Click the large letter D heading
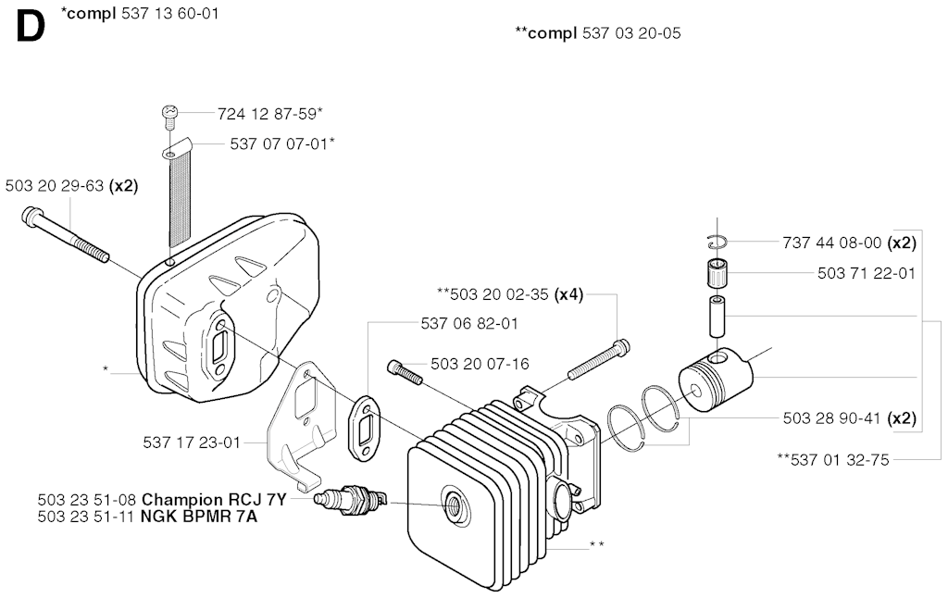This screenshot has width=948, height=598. [x=31, y=27]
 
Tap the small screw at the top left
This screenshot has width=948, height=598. [x=170, y=116]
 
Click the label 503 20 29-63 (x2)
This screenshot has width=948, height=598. [x=72, y=186]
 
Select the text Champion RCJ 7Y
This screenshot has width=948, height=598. [x=214, y=500]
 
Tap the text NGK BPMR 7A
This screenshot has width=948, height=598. [x=199, y=517]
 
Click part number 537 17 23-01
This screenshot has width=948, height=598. [x=192, y=442]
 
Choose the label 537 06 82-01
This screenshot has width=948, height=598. [x=469, y=323]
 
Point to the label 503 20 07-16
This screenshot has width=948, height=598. [x=480, y=364]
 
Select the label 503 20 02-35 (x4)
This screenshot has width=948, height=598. [x=510, y=294]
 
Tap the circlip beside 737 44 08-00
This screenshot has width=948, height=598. [x=717, y=242]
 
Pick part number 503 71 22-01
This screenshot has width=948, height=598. [x=867, y=273]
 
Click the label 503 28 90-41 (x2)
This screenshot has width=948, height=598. [x=850, y=418]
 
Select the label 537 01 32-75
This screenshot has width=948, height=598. [x=833, y=460]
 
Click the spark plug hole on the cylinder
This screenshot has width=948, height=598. [x=452, y=502]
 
